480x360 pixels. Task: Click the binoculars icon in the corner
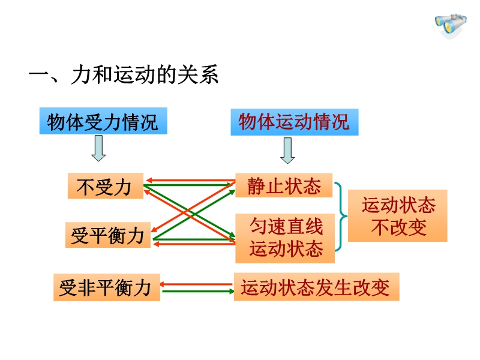[x=451, y=26]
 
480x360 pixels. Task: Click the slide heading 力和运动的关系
[x=145, y=74]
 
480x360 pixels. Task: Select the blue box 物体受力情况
[x=103, y=121]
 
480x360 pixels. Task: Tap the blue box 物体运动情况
[x=295, y=122]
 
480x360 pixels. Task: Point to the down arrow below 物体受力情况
[x=98, y=148]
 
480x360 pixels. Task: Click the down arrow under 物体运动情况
[x=287, y=151]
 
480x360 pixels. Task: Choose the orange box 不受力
[x=106, y=186]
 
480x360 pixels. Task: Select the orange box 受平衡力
[x=108, y=235]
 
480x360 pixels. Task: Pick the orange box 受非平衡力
[x=107, y=287]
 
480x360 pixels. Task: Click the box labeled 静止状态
[x=284, y=185]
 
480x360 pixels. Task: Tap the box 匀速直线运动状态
[x=285, y=238]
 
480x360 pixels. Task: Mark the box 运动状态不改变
[x=398, y=215]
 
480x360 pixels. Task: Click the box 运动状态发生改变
[x=317, y=287]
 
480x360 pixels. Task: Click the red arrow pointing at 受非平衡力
[x=197, y=284]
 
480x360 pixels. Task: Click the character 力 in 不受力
[x=122, y=187]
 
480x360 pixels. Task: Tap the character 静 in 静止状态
[x=256, y=186]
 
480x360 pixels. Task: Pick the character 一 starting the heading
[x=38, y=75]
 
